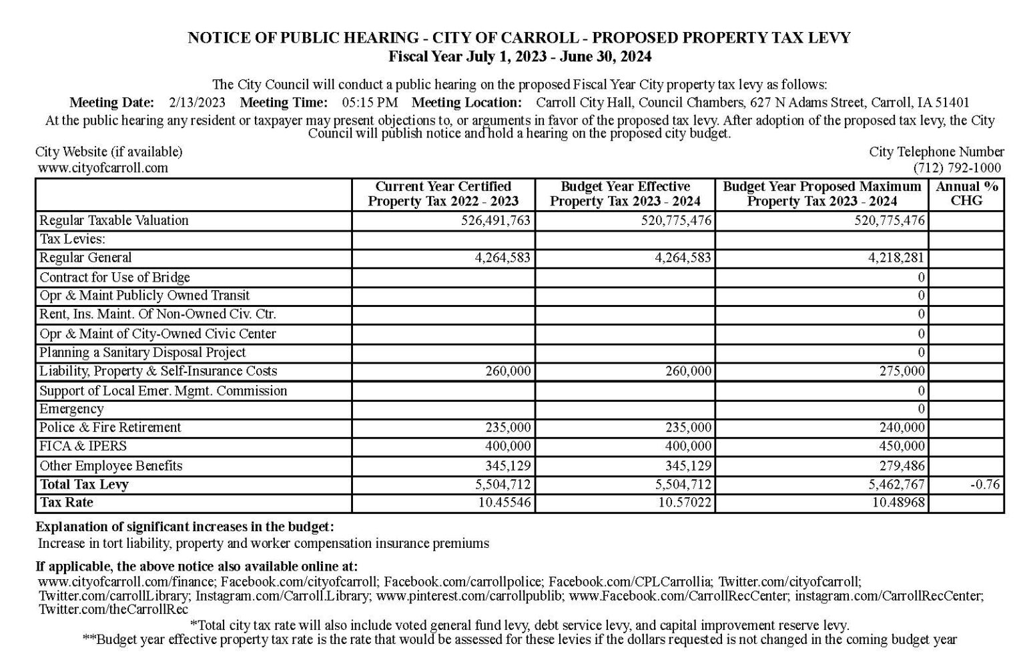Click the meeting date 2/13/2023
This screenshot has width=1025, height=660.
197,103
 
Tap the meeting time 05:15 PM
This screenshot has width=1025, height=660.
370,103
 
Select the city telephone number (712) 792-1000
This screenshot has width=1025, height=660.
957,168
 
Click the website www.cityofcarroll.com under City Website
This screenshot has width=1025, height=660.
103,168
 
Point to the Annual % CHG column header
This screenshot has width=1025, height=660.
966,194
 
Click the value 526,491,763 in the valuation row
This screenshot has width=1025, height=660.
496,220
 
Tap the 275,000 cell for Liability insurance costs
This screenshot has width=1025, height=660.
902,371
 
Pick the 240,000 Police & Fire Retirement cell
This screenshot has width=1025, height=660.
902,427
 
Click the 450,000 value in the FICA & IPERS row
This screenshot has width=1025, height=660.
902,446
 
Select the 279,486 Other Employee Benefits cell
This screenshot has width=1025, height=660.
902,465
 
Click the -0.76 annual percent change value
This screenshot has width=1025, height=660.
985,484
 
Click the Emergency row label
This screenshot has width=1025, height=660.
71,409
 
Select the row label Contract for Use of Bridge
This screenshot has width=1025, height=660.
115,277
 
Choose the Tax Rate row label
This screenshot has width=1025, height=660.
67,503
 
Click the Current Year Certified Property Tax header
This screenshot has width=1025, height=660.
443,194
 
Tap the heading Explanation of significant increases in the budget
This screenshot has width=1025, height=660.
185,527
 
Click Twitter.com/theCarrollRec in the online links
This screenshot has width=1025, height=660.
113,609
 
